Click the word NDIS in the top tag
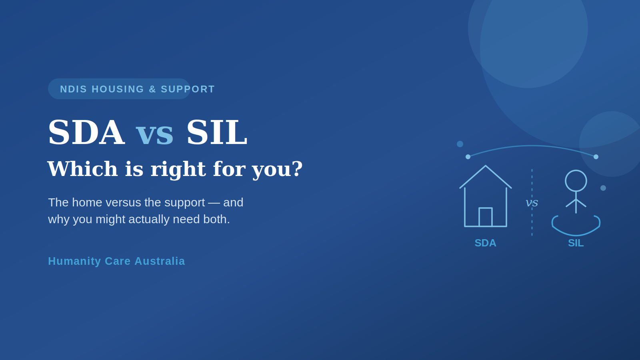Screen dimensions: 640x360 [74, 89]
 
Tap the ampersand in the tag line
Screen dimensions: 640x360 [152, 89]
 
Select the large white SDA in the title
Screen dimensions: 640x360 [86, 132]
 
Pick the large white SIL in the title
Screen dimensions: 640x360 [217, 132]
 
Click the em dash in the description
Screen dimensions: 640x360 [214, 203]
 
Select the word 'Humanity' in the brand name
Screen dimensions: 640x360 [74, 262]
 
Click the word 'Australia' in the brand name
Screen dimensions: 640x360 [160, 261]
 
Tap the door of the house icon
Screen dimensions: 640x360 [486, 217]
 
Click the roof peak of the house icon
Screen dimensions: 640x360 [486, 166]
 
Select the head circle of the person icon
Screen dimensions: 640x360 [576, 181]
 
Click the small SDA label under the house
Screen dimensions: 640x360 [486, 243]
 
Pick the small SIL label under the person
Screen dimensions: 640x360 [576, 243]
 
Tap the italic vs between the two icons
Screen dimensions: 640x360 [532, 202]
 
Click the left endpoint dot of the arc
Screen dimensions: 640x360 [468, 157]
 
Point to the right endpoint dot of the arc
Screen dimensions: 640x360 [596, 157]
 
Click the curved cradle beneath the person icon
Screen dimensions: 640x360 [576, 235]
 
